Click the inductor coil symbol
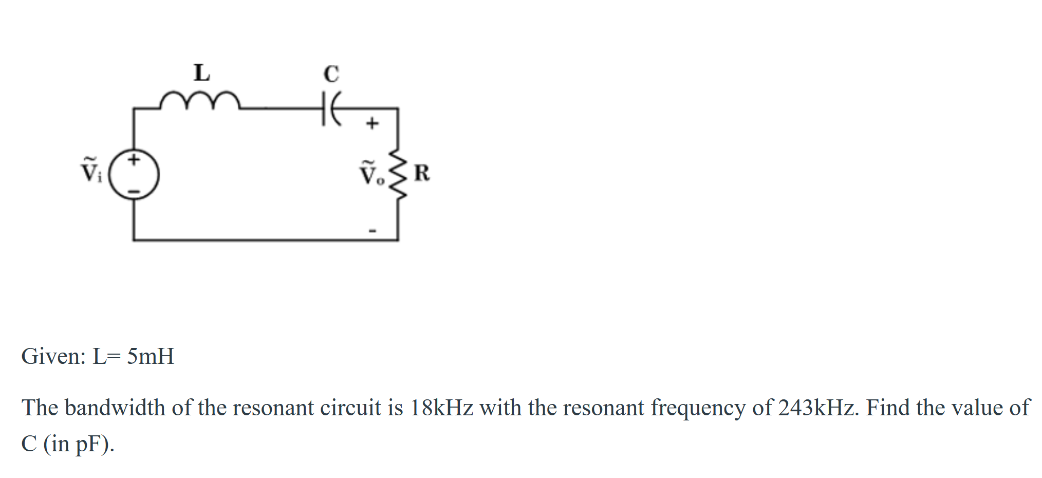[199, 101]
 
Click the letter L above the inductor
[201, 72]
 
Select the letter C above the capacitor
[331, 73]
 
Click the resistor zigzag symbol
[398, 174]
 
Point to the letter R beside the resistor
[422, 173]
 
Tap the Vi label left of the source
[91, 170]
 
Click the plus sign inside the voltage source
[134, 159]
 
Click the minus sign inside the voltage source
[134, 191]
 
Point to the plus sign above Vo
[372, 123]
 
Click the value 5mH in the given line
[151, 356]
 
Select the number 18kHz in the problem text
[441, 408]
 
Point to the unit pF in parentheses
[89, 444]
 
